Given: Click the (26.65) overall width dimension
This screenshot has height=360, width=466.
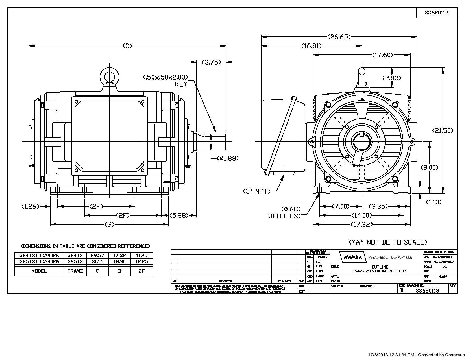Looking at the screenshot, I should (339, 37).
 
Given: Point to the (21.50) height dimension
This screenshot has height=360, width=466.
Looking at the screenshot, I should (443, 130).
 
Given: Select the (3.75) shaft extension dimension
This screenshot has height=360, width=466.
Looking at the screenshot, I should (211, 62).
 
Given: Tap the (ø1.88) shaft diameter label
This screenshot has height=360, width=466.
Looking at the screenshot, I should (228, 158).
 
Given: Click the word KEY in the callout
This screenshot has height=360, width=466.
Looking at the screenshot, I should (181, 84).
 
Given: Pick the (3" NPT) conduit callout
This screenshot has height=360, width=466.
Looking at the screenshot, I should (257, 191).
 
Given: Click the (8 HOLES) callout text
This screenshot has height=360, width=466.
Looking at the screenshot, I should (284, 216).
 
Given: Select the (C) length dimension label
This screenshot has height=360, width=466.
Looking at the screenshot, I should (127, 46).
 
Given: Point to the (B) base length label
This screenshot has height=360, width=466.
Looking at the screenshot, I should (110, 224).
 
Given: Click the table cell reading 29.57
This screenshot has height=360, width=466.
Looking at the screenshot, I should (97, 256).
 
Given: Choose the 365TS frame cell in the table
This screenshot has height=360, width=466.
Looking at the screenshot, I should (75, 262).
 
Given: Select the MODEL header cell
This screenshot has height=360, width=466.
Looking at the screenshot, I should (39, 271).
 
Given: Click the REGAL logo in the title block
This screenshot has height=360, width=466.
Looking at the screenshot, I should (353, 257).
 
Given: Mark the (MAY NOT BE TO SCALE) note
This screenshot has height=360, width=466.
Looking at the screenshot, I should (388, 242).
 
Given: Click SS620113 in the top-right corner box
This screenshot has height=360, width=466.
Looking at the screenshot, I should (437, 13).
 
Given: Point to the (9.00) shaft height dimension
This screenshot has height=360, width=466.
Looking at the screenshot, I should (430, 167).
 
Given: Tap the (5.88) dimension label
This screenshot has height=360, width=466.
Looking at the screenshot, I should (179, 215).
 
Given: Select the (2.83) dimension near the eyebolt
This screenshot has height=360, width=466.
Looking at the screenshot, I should (392, 78).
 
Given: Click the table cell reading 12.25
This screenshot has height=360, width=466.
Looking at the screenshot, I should (142, 262).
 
